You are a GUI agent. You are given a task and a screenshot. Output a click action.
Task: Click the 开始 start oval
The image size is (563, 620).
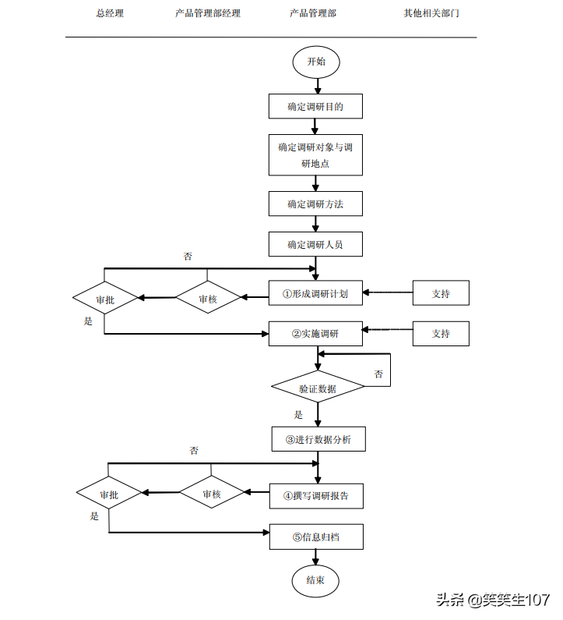315,62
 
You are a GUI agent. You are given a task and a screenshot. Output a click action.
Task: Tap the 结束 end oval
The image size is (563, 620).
315,580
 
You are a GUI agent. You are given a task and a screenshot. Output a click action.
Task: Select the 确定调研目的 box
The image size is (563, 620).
315,107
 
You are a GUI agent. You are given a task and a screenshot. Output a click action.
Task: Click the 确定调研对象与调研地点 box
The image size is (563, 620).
315,155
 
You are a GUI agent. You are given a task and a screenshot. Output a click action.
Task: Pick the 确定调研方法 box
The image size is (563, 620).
315,204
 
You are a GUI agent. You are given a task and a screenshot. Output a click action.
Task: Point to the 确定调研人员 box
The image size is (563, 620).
315,244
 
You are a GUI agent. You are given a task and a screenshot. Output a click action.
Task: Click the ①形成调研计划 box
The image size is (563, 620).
315,294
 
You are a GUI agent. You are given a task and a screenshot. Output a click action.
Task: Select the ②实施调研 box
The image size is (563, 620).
315,334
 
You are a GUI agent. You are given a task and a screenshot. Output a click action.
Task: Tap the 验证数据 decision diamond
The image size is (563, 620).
318,388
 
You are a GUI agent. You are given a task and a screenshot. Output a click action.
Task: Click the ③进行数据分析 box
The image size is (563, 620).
318,439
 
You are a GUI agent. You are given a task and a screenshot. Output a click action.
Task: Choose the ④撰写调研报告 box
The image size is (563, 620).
316,495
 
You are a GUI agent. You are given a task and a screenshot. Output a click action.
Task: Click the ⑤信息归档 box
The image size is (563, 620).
316,537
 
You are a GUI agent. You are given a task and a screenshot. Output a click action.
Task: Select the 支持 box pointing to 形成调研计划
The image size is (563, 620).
441,294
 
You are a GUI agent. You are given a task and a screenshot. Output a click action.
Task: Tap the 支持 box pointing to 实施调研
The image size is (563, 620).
441,334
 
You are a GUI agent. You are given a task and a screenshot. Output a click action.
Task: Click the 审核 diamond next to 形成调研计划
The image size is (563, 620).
208,299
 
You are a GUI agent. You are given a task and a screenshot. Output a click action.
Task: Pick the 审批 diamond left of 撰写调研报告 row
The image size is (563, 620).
109,494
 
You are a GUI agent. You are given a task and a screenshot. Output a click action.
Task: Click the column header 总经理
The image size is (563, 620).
110,13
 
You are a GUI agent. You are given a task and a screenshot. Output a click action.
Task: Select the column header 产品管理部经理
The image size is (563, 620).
208,13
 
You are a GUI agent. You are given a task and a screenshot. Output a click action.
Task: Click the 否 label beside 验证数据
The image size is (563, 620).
378,374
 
